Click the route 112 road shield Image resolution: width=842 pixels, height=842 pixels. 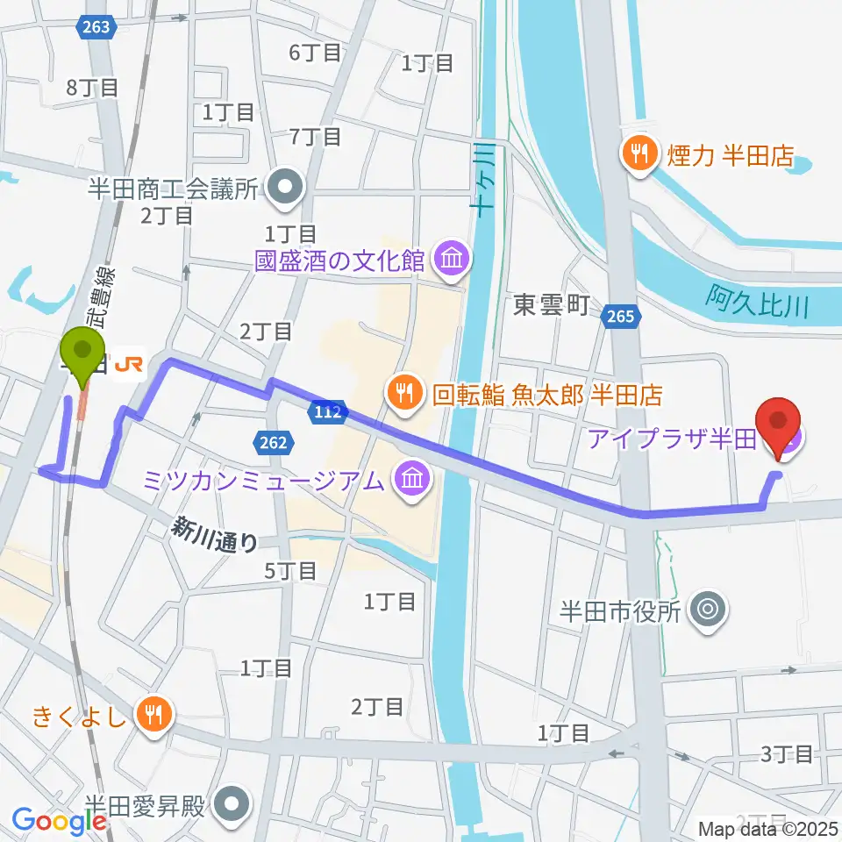pyautogui.click(x=325, y=411)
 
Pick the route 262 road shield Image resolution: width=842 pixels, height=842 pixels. pyautogui.click(x=274, y=444)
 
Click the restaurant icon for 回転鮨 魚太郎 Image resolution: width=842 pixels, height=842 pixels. pyautogui.click(x=404, y=392)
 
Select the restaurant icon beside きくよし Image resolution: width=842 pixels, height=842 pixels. pyautogui.click(x=154, y=714)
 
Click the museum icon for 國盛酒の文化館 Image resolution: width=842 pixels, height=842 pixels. pyautogui.click(x=453, y=259)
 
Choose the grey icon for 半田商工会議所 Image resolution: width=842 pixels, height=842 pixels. pyautogui.click(x=285, y=186)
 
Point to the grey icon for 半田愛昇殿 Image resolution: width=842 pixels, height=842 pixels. pyautogui.click(x=232, y=802)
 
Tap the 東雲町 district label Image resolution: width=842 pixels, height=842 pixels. pyautogui.click(x=551, y=304)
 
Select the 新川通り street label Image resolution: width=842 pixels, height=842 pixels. pyautogui.click(x=214, y=534)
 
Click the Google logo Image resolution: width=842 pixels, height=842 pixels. pyautogui.click(x=60, y=820)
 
